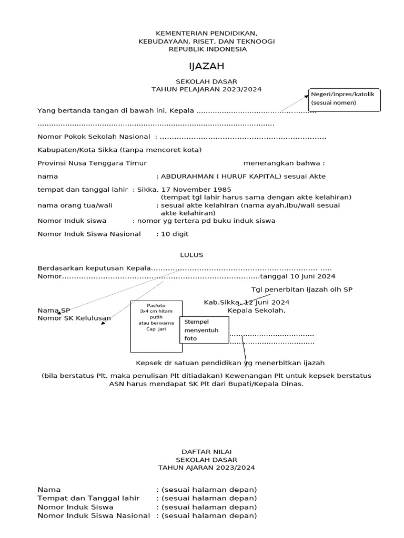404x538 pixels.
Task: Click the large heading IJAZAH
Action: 207,66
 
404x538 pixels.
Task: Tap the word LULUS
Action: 191,255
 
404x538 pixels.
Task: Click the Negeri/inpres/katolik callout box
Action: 344,100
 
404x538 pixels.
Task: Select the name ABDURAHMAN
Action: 188,177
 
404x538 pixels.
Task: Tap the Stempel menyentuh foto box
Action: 204,330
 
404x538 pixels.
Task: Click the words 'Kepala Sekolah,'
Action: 256,310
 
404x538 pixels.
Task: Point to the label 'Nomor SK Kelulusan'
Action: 74,318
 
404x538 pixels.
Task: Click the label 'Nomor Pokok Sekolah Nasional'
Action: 94,137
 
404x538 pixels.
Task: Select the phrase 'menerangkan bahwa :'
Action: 284,163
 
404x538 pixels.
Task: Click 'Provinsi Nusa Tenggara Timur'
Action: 92,163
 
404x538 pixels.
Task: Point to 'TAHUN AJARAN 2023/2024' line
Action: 207,467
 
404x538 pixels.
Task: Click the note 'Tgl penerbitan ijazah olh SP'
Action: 302,289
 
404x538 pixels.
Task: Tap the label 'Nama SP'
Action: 54,311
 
